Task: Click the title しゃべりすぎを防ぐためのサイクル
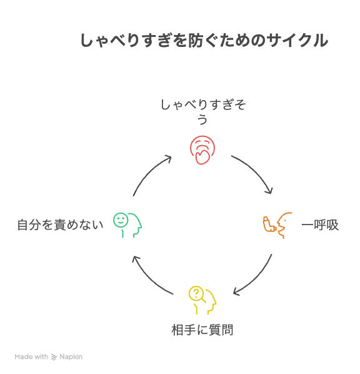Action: pyautogui.click(x=204, y=40)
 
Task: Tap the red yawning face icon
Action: pyautogui.click(x=202, y=150)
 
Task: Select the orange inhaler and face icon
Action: pyautogui.click(x=277, y=225)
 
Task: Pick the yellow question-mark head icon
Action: pyautogui.click(x=202, y=300)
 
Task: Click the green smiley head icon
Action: pyautogui.click(x=127, y=225)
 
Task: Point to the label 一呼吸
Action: pyautogui.click(x=320, y=225)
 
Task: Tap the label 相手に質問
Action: pyautogui.click(x=202, y=330)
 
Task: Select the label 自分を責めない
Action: pyautogui.click(x=60, y=225)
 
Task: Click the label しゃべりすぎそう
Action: pyautogui.click(x=203, y=111)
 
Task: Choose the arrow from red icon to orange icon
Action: pyautogui.click(x=256, y=170)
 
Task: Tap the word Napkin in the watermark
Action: pyautogui.click(x=71, y=357)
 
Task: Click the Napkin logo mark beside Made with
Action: pyautogui.click(x=54, y=357)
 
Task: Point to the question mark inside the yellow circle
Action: pyautogui.click(x=196, y=293)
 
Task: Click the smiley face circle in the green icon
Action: pyautogui.click(x=121, y=220)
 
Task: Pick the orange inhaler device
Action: pyautogui.click(x=269, y=224)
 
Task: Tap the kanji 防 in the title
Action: pyautogui.click(x=195, y=40)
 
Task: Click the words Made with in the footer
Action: pyautogui.click(x=31, y=357)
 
